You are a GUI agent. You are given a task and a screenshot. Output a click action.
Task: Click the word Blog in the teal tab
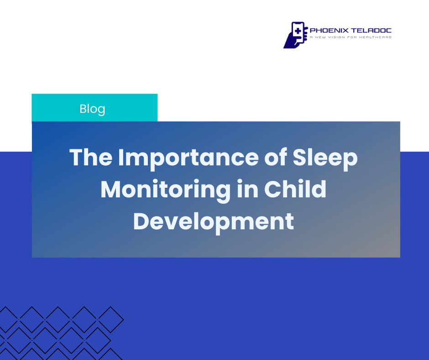[x=92, y=109]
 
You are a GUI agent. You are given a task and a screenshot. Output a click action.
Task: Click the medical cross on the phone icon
[x=298, y=31]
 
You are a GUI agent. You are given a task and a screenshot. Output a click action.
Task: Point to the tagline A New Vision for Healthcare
[x=351, y=37]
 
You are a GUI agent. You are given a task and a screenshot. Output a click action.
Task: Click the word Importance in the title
[x=188, y=158]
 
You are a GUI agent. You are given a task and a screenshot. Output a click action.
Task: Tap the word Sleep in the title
[x=325, y=158]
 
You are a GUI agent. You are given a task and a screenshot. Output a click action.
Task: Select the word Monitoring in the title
[x=166, y=190]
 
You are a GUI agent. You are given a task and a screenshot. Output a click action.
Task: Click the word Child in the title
[x=295, y=189]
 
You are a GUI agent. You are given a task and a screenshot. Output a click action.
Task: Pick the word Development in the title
[x=214, y=222]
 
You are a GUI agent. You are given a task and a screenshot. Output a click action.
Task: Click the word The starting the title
[x=91, y=157]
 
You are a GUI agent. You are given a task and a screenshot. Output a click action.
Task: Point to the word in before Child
[x=248, y=189]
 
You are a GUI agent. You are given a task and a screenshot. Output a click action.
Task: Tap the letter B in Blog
[x=83, y=109]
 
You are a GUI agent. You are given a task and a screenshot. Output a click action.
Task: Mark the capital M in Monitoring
[x=110, y=189]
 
